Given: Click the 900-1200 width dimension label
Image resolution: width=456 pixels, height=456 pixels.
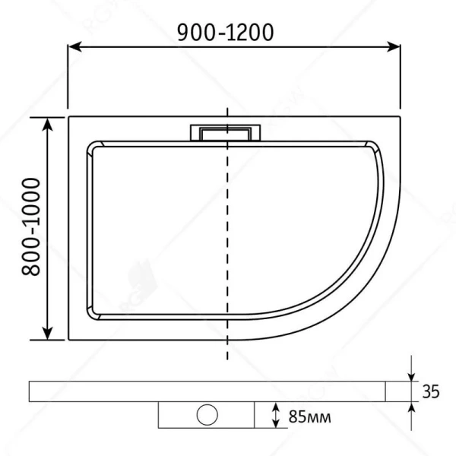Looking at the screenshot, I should (x=225, y=31).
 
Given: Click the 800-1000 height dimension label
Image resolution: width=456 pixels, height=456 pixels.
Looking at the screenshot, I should (x=30, y=227).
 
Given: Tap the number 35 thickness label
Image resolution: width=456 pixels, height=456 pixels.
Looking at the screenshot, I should (x=430, y=392).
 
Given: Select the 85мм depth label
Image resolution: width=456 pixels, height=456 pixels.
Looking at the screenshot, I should (x=309, y=416).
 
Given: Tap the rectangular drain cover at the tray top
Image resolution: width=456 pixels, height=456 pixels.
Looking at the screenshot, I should (x=225, y=131).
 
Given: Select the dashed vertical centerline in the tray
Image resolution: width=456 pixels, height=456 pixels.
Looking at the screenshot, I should (x=226, y=243).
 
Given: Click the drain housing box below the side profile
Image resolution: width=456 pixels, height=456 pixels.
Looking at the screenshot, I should (x=175, y=415).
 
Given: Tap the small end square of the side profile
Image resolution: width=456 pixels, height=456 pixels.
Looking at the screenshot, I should (x=399, y=391).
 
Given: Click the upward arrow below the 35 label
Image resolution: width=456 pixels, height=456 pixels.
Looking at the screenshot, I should (x=411, y=408).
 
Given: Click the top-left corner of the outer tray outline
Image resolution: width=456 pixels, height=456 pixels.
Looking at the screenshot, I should (x=69, y=116).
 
